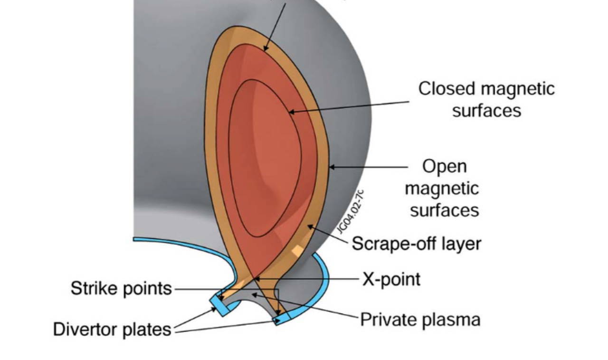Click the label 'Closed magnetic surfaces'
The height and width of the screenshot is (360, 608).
(486, 99)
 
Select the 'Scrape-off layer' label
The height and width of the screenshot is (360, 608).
(416, 244)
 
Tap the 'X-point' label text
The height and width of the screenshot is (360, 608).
(391, 279)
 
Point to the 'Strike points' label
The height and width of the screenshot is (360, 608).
(121, 288)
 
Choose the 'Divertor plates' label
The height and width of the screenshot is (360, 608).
(112, 329)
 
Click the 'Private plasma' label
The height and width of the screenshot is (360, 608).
(420, 319)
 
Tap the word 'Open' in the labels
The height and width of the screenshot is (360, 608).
(445, 166)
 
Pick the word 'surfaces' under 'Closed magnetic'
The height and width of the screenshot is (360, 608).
(486, 111)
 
